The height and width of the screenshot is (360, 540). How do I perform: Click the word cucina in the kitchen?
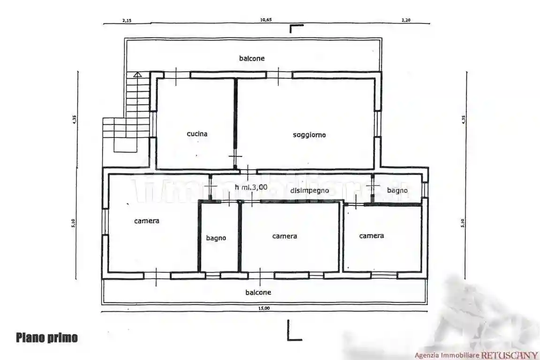[197, 134]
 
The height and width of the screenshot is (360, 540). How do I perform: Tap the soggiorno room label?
[309, 135]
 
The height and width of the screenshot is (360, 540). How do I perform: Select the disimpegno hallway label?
[309, 191]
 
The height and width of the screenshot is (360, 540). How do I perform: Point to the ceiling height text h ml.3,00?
[251, 187]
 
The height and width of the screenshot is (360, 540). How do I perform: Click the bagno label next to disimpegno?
[397, 190]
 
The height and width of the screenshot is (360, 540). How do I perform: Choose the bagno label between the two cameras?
[216, 238]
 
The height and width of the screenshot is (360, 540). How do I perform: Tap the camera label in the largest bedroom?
[146, 221]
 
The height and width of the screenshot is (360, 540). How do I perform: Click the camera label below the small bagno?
[372, 236]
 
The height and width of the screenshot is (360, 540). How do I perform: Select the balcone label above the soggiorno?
[252, 58]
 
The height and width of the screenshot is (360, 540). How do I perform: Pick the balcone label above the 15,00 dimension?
[258, 292]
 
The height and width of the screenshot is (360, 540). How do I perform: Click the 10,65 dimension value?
[266, 20]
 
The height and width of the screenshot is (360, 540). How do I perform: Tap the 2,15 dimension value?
[126, 20]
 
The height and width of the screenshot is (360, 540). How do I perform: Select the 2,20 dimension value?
[405, 20]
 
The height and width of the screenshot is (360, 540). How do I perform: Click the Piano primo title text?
[47, 337]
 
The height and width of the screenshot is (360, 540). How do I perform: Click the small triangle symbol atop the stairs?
[137, 74]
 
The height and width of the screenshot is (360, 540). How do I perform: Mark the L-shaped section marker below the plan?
[293, 330]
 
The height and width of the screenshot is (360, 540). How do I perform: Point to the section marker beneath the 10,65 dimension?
[296, 29]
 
